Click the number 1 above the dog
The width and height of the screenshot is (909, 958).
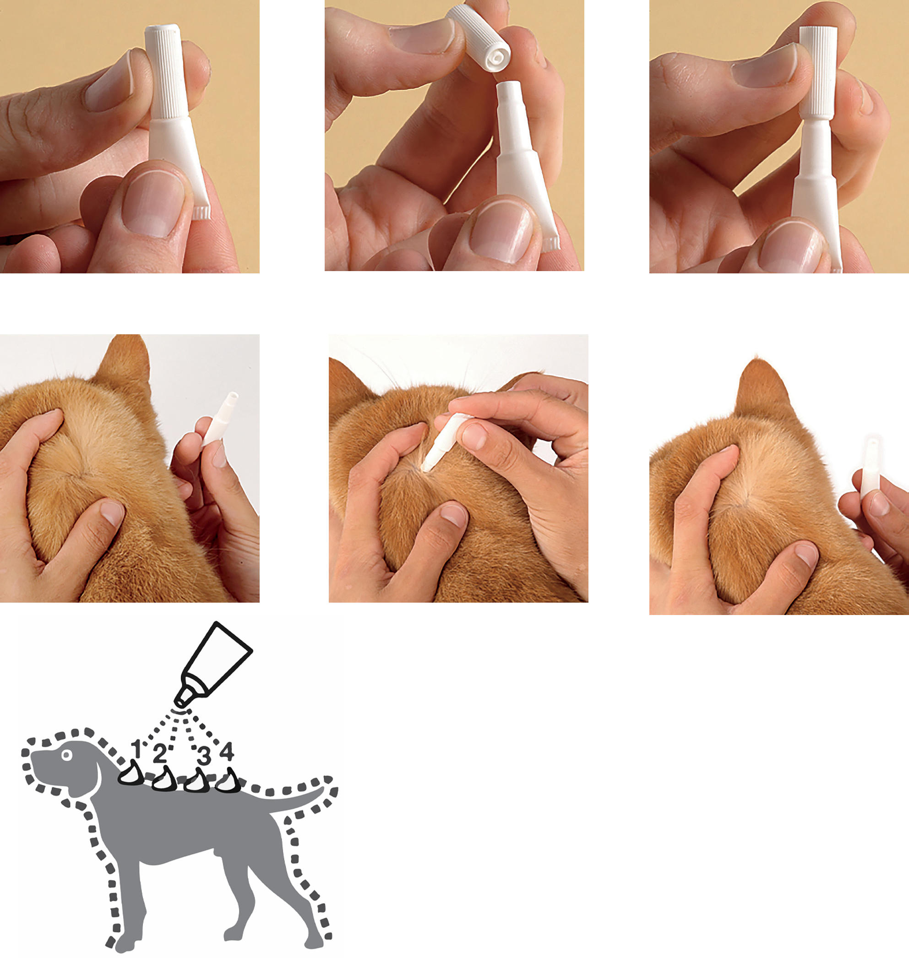pos(138,749)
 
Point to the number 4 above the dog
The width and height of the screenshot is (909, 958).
pos(227,751)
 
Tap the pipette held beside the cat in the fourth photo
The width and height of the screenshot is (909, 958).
pos(220,419)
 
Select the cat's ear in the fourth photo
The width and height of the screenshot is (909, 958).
pos(124,368)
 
